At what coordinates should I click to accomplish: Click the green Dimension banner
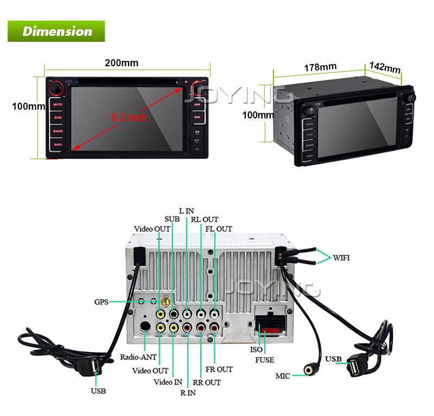pos(56,31)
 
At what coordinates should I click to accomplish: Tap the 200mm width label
pos(122,63)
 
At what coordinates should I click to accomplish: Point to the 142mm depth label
pos(385,67)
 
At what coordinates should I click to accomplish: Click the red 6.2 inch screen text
pos(129,117)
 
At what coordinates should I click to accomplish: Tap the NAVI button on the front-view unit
pos(58,145)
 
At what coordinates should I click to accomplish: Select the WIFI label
pos(341,257)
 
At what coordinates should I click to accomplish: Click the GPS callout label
pos(101,302)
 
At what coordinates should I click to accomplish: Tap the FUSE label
pos(265,360)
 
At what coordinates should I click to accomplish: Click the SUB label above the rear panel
pos(172,219)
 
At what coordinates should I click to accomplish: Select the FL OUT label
pos(219,229)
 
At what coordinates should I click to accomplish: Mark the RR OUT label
pos(207,382)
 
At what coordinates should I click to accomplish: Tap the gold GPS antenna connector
pos(161,300)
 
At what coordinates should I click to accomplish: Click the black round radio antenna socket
pos(145,327)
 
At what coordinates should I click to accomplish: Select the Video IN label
pos(168,382)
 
